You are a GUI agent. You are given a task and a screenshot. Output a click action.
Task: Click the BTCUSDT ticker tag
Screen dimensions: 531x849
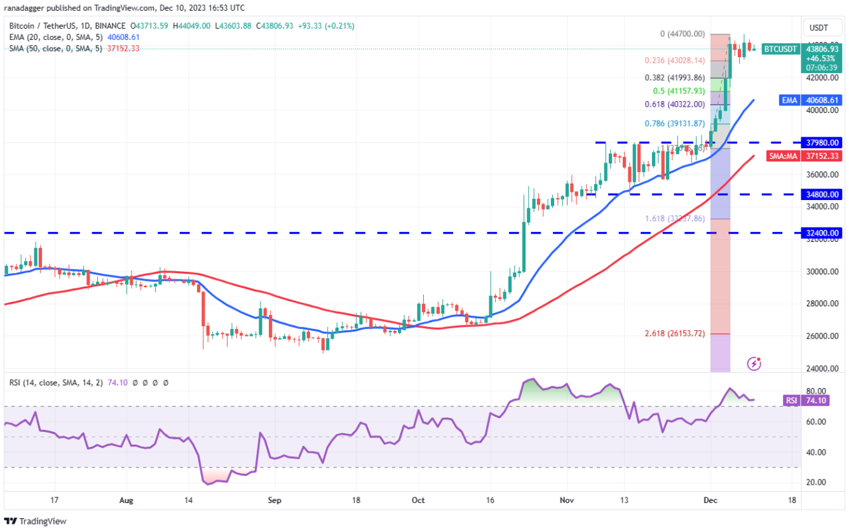click(x=780, y=49)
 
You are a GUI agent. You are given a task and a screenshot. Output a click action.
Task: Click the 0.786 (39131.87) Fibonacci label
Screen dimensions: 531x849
click(x=675, y=123)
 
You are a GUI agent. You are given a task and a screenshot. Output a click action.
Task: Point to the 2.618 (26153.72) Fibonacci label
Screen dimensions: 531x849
click(x=675, y=333)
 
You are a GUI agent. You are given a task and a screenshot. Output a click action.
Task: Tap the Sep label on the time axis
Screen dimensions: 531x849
click(x=274, y=500)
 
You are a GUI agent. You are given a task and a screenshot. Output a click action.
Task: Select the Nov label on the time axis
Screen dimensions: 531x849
click(x=567, y=500)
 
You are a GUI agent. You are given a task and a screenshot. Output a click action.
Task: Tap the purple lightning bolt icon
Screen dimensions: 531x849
click(x=754, y=364)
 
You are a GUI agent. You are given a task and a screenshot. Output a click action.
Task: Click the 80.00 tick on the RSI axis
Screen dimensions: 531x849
click(x=815, y=391)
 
